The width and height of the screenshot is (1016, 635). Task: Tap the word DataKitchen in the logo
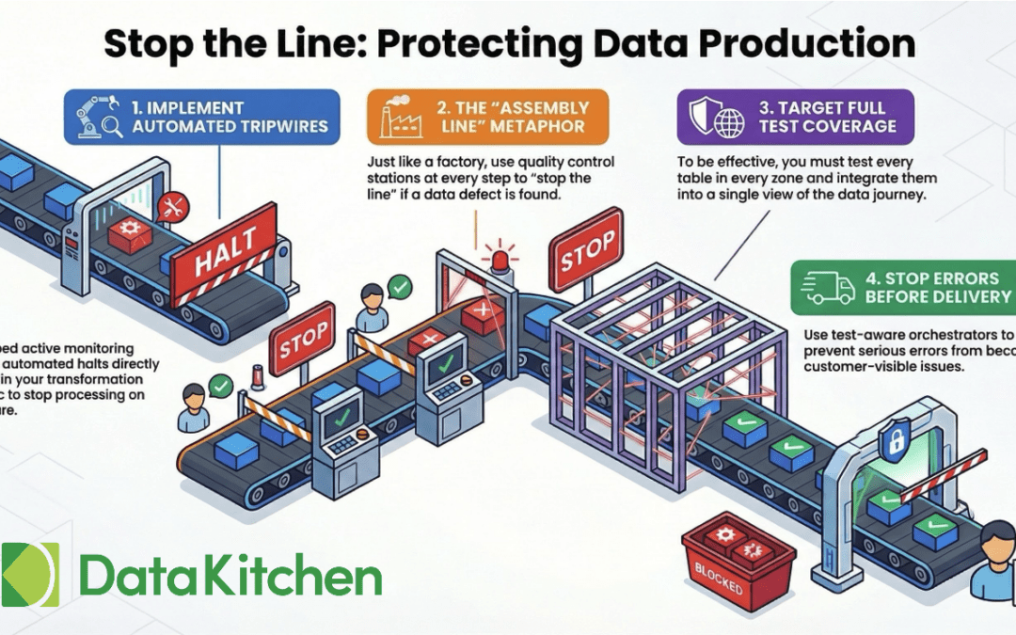pyautogui.click(x=231, y=574)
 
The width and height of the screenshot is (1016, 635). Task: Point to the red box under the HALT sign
pyautogui.click(x=131, y=233)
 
